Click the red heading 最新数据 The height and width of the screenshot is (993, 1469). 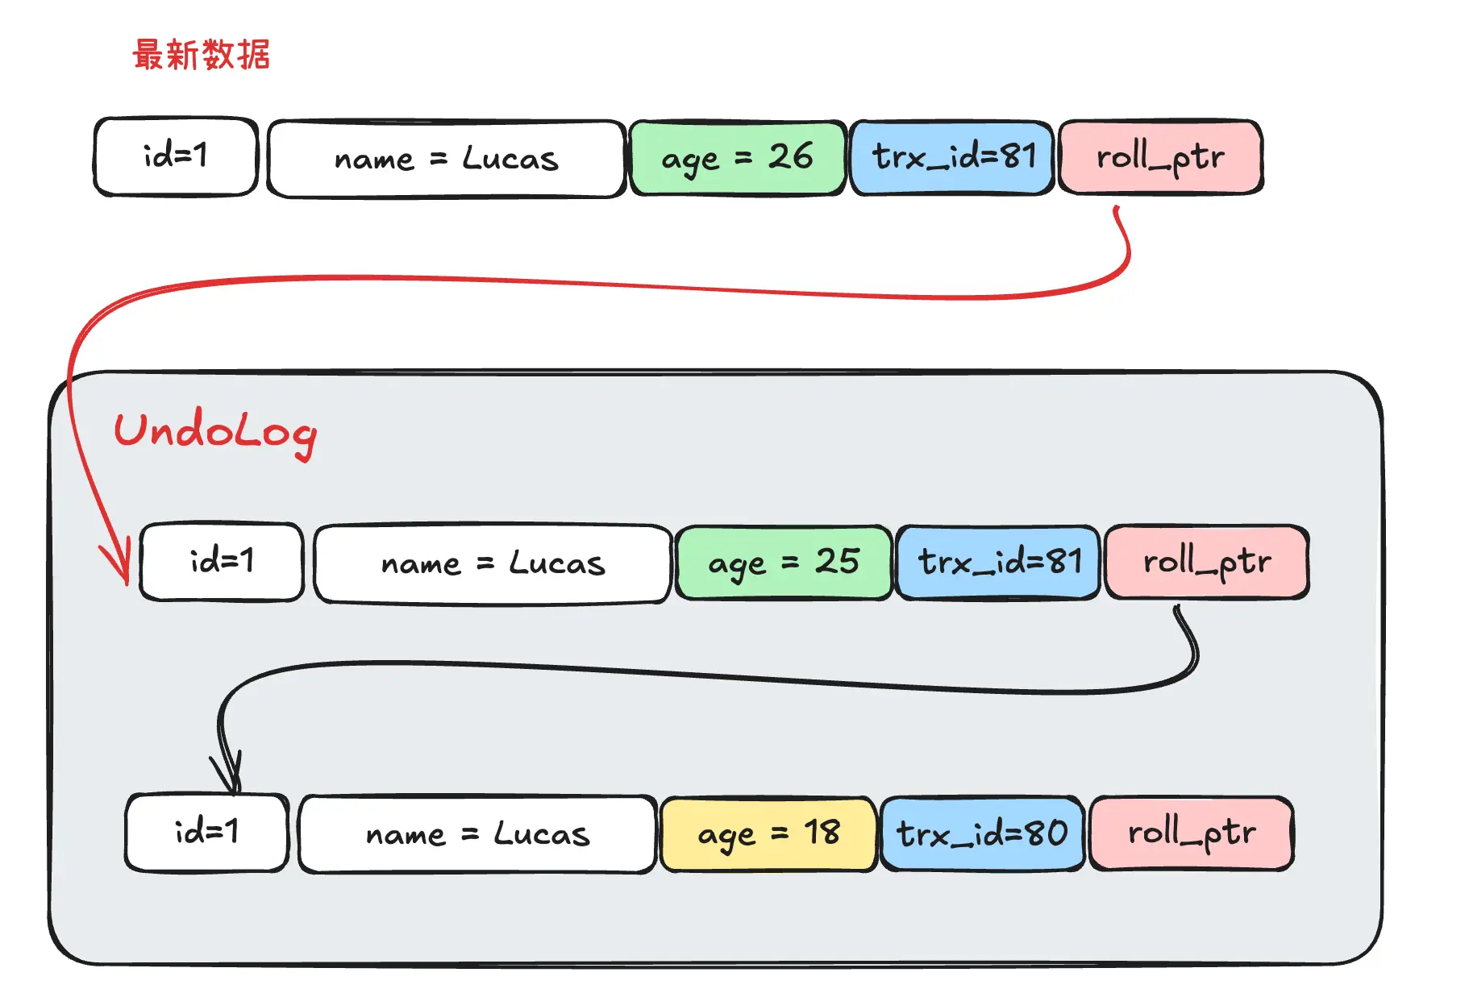202,55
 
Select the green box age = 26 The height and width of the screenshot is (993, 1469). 737,158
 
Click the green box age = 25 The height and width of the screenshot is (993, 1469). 784,563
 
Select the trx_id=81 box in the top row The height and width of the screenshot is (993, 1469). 953,158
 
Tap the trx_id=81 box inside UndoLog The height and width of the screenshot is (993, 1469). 999,563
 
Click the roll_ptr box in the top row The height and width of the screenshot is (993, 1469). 1160,158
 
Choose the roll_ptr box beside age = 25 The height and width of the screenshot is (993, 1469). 1207,563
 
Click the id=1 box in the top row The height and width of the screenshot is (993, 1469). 176,156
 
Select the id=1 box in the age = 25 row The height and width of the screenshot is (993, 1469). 222,562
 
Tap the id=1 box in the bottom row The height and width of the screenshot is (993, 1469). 206,833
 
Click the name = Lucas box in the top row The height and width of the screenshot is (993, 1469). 447,159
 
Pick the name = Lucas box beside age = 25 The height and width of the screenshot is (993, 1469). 493,563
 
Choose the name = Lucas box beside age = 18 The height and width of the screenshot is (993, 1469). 477,834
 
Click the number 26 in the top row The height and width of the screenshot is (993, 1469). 790,156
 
